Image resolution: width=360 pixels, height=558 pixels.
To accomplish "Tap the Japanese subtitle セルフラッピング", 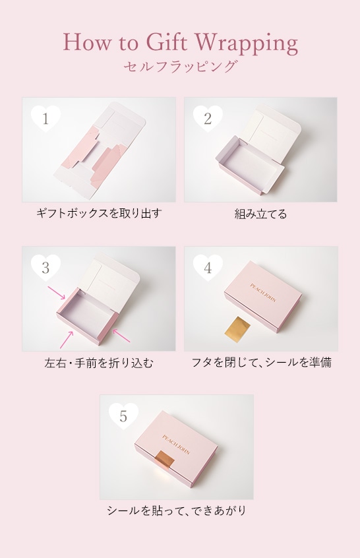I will [180, 67].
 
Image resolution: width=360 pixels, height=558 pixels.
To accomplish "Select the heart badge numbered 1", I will [45, 119].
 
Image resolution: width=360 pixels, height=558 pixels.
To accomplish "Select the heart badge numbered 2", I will [208, 119].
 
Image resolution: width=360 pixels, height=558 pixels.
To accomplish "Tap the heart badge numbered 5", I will [123, 416].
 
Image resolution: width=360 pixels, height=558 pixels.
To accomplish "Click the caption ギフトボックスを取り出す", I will [99, 214].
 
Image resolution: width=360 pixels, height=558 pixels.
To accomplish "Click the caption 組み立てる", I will [260, 214].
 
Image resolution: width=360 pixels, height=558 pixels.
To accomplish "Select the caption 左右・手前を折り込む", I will [99, 363].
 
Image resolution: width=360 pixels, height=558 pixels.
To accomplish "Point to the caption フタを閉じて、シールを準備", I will [260, 363].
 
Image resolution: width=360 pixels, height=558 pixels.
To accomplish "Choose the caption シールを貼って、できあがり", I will [177, 511].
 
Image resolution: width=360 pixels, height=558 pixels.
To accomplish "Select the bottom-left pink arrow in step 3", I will [66, 340].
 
